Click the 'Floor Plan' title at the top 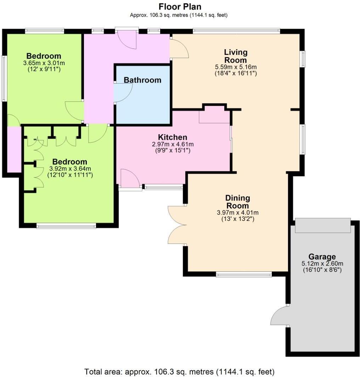(180, 7)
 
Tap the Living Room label (235, 56)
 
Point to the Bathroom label (142, 80)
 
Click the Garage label (322, 257)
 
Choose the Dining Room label (238, 202)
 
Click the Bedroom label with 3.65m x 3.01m (44, 56)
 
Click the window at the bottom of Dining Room (244, 274)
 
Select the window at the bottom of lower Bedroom (66, 226)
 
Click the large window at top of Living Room (236, 31)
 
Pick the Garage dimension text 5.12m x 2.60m (322, 264)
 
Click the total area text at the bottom (179, 372)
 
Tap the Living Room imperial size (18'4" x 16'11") (235, 73)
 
